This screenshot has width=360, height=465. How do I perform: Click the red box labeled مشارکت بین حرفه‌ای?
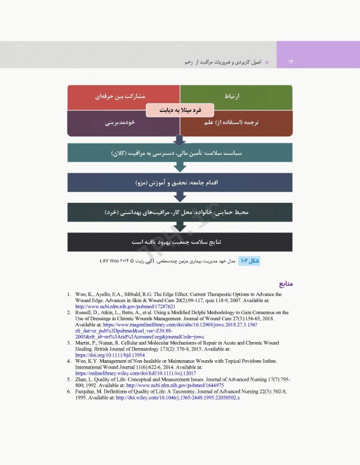click(124, 96)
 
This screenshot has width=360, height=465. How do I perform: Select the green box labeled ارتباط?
click(236, 96)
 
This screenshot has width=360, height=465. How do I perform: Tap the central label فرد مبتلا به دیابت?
click(180, 111)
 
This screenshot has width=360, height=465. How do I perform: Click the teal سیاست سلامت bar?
click(180, 153)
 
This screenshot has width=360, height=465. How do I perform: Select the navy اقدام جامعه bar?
click(180, 182)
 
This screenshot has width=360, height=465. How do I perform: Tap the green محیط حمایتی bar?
click(180, 213)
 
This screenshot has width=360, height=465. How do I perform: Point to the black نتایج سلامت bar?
click(180, 242)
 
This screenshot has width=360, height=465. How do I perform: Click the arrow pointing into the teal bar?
click(180, 139)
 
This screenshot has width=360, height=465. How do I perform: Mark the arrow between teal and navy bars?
click(180, 167)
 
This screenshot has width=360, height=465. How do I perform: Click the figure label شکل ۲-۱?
click(250, 261)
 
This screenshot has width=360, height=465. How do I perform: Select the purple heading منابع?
click(285, 283)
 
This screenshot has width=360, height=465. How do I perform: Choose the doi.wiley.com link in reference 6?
click(179, 397)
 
